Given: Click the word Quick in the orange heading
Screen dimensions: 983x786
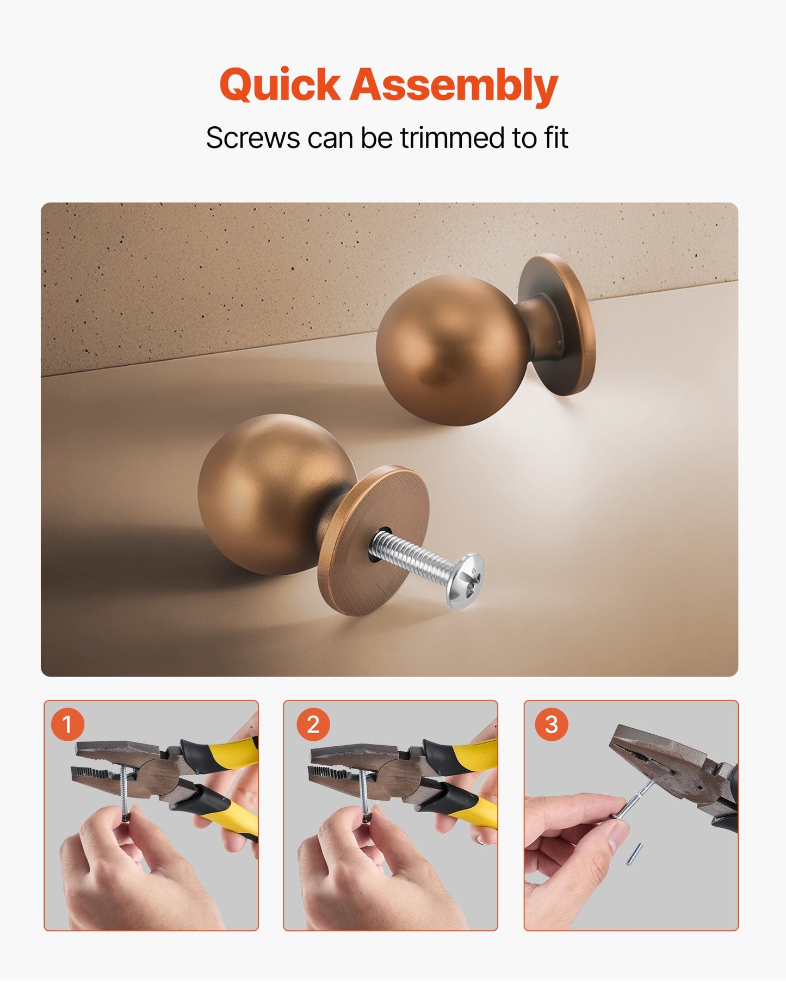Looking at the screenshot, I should (280, 85).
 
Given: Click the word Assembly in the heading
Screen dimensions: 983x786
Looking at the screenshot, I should (453, 85).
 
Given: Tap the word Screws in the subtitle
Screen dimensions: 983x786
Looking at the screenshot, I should (252, 138).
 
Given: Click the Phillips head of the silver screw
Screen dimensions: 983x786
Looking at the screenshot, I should (466, 580).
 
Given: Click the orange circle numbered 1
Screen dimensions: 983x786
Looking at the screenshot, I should (67, 724).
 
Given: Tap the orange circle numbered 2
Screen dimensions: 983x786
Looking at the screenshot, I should (313, 724).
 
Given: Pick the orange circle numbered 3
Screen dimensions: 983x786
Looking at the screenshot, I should (551, 724).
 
